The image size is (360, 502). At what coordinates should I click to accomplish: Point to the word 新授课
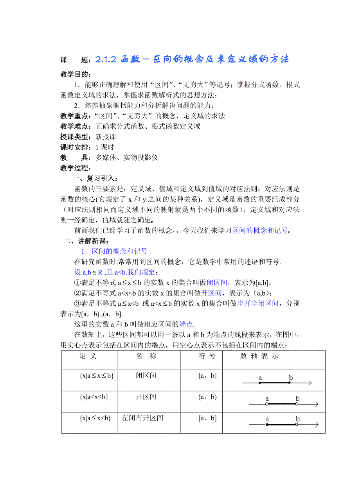pyautogui.click(x=106, y=137)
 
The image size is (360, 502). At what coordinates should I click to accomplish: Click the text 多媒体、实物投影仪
pyautogui.click(x=127, y=158)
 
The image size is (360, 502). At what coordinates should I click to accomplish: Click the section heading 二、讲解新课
pyautogui.click(x=86, y=241)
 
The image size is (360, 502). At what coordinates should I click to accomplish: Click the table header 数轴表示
pyautogui.click(x=259, y=356)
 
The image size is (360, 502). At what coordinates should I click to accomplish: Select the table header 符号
pyautogui.click(x=207, y=356)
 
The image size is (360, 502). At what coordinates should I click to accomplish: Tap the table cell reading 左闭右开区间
pyautogui.click(x=142, y=418)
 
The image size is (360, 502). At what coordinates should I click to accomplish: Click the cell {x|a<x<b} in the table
pyautogui.click(x=94, y=397)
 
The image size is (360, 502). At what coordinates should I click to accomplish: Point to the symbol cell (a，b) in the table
pyautogui.click(x=207, y=397)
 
